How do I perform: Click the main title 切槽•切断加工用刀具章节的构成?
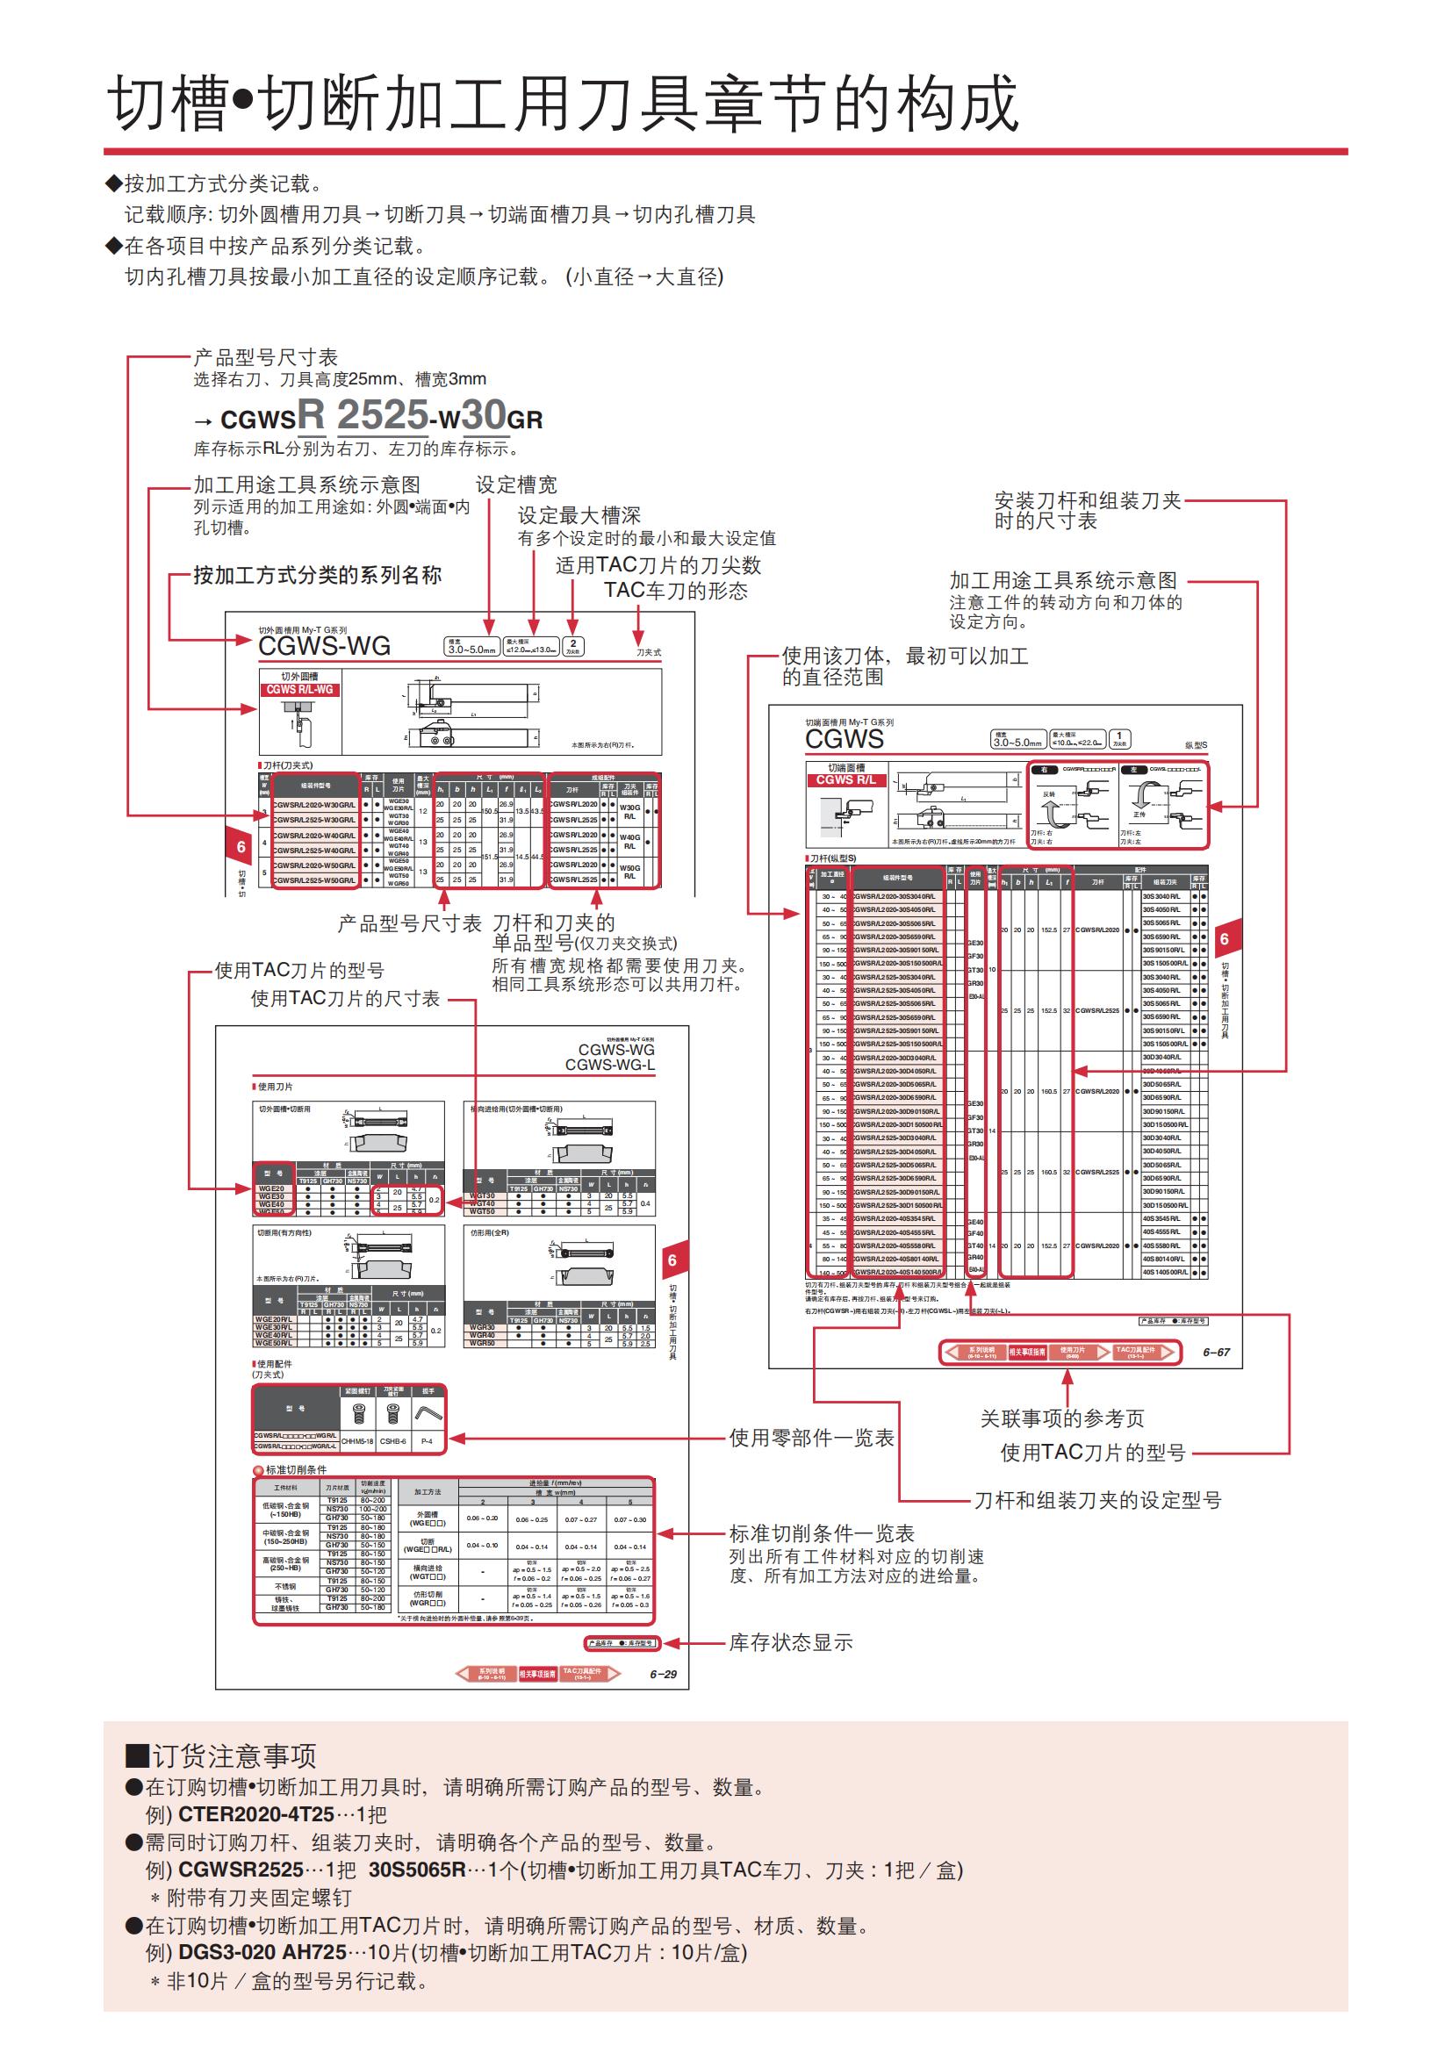pyautogui.click(x=564, y=103)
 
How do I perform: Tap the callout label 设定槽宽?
pyautogui.click(x=516, y=485)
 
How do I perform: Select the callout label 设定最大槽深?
pyautogui.click(x=579, y=515)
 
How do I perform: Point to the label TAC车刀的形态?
pyautogui.click(x=675, y=591)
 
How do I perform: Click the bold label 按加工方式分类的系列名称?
pyautogui.click(x=318, y=575)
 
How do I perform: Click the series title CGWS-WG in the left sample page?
pyautogui.click(x=324, y=646)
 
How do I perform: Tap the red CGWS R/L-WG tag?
pyautogui.click(x=299, y=689)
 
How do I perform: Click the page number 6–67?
pyautogui.click(x=1216, y=1352)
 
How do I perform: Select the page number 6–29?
pyautogui.click(x=663, y=1674)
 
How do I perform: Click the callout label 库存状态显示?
pyautogui.click(x=790, y=1642)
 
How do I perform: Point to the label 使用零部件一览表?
pyautogui.click(x=811, y=1438)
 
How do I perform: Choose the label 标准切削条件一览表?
pyautogui.click(x=822, y=1533)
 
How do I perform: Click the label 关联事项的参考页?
pyautogui.click(x=1062, y=1418)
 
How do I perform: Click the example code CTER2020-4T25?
pyautogui.click(x=256, y=1814)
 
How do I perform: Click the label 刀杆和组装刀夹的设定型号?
pyautogui.click(x=1097, y=1500)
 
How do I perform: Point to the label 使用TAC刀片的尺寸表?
pyautogui.click(x=345, y=999)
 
